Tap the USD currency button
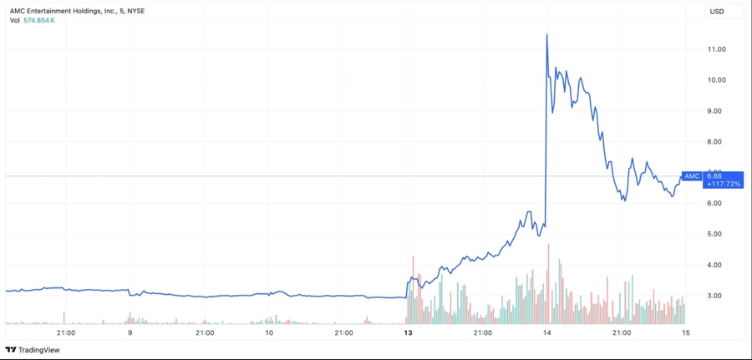(716, 11)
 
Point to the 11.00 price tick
(715, 49)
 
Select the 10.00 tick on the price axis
(715, 80)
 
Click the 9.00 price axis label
(715, 111)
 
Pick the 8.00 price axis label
(715, 142)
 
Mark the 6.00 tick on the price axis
(715, 203)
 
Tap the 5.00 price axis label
(715, 234)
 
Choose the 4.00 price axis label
(715, 265)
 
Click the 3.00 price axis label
(715, 296)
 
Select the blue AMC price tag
(692, 175)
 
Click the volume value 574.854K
(39, 20)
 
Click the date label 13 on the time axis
(408, 332)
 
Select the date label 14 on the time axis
(546, 332)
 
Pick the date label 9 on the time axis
(130, 332)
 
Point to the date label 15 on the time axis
(685, 332)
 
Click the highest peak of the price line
(546, 34)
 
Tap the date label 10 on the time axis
(269, 332)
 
